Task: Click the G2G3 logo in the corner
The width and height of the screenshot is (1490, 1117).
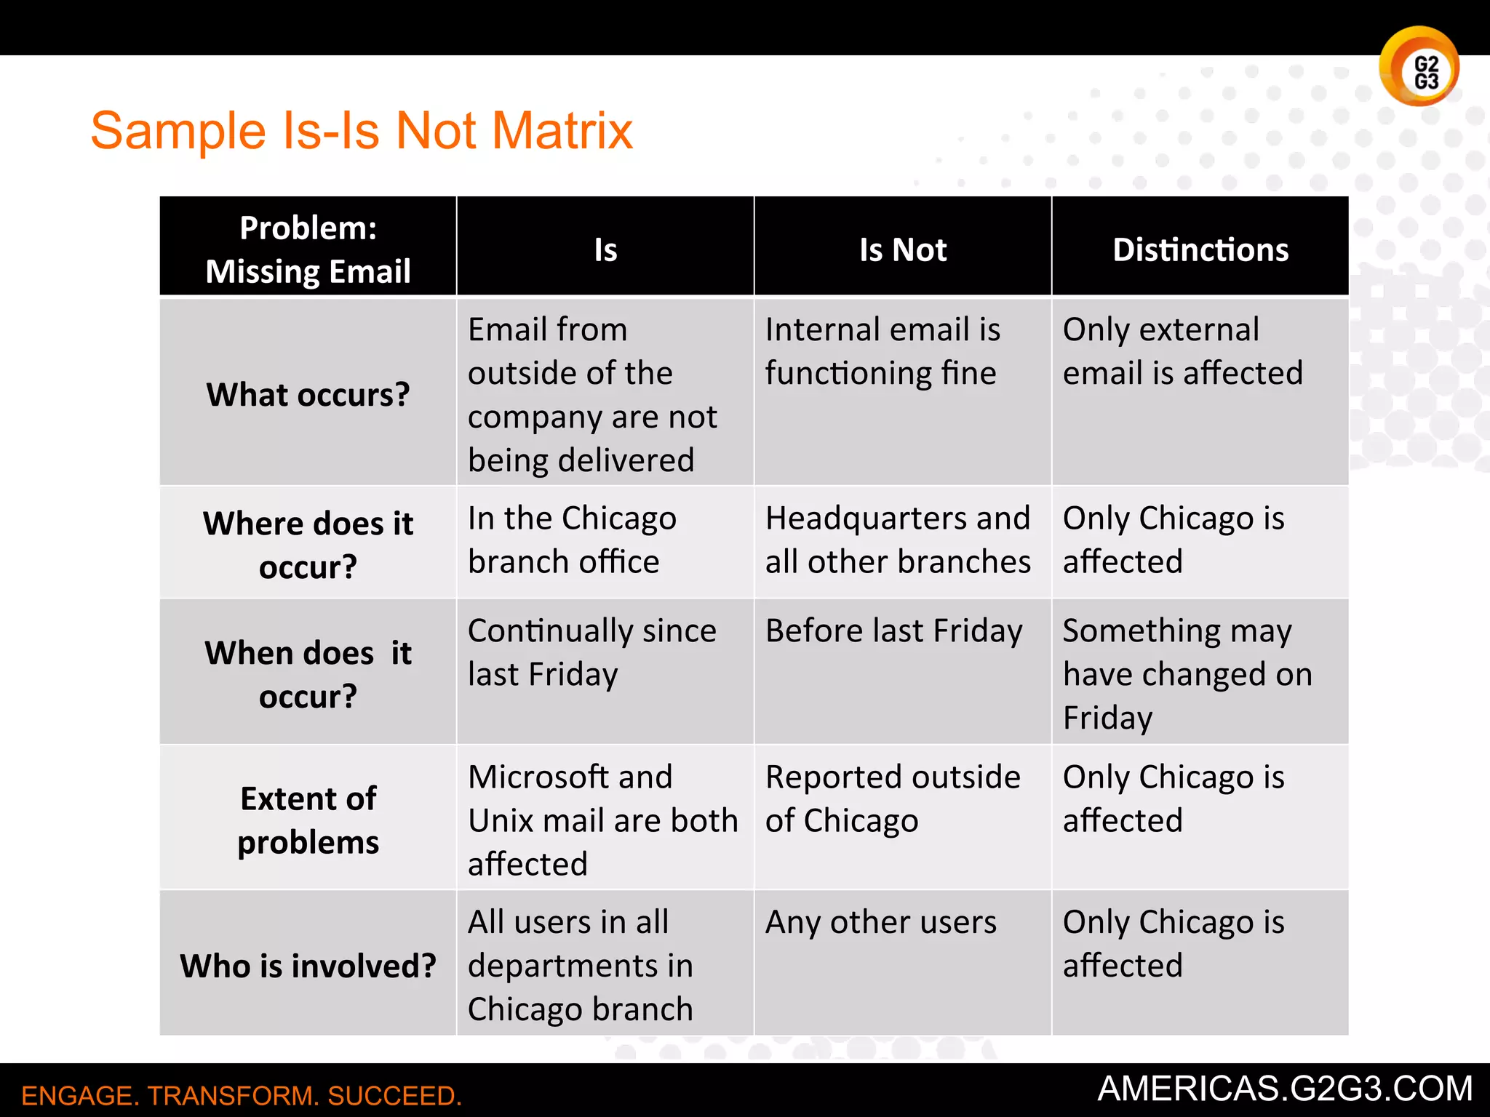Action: (1419, 67)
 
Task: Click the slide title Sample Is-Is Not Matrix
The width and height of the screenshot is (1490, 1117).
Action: (362, 131)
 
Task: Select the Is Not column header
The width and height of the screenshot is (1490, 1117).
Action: (903, 249)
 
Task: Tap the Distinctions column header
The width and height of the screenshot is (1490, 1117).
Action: (1200, 249)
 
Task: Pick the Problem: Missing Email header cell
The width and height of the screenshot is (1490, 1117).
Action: (308, 249)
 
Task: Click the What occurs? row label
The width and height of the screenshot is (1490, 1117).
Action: (308, 394)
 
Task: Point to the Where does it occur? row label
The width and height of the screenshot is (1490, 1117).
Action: (308, 545)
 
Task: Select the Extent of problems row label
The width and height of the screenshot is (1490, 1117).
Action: (308, 820)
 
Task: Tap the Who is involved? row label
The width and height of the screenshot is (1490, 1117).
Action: (308, 966)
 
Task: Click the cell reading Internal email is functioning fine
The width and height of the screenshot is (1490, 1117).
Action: (883, 351)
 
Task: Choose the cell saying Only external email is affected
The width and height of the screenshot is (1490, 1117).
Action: (1182, 351)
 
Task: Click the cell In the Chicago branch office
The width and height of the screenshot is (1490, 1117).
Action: (572, 540)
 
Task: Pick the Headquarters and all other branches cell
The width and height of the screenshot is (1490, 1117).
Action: (898, 540)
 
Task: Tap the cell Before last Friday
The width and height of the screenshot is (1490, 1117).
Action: (894, 630)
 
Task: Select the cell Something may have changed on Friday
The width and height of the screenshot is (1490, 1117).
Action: (1187, 674)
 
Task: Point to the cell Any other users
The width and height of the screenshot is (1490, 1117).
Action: (880, 922)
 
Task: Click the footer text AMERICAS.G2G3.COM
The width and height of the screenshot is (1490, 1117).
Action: (1285, 1089)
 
